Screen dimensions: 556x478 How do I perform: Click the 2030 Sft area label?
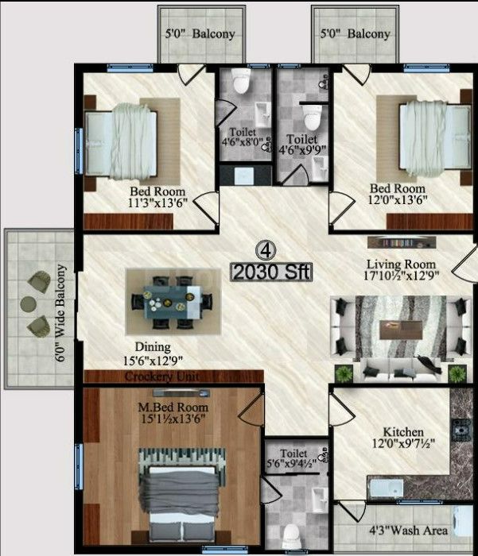(271, 272)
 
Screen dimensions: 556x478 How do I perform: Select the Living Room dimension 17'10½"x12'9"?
(402, 277)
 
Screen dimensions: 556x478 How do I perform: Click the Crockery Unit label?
(161, 376)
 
